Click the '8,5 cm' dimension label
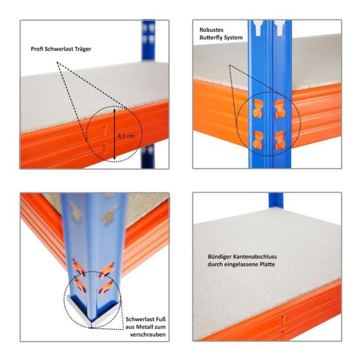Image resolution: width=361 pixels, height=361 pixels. [126, 136]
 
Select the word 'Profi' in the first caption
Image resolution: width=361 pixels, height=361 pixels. [37, 49]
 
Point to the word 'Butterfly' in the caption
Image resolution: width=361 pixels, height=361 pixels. [210, 38]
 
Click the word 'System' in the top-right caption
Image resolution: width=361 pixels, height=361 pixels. [232, 38]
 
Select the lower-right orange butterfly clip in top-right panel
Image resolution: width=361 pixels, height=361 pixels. [280, 140]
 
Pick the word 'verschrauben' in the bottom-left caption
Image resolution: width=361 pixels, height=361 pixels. [148, 335]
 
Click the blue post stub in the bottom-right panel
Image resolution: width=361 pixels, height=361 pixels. [276, 200]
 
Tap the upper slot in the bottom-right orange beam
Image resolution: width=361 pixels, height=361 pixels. [283, 320]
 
